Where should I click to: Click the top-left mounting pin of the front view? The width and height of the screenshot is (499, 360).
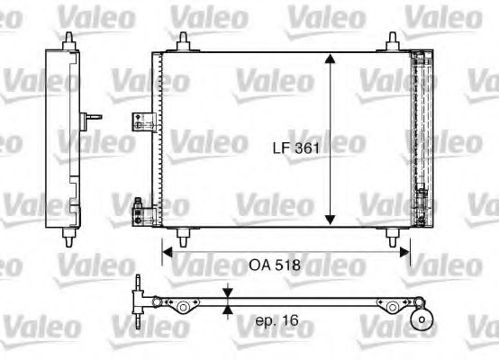coord(184,40)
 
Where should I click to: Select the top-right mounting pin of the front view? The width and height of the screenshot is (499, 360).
coord(393,40)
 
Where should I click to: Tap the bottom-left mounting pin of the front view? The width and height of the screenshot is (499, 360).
coord(184,237)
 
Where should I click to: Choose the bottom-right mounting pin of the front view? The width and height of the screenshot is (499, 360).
coord(393,237)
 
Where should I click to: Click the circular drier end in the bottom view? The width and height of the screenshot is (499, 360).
coord(420,320)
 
